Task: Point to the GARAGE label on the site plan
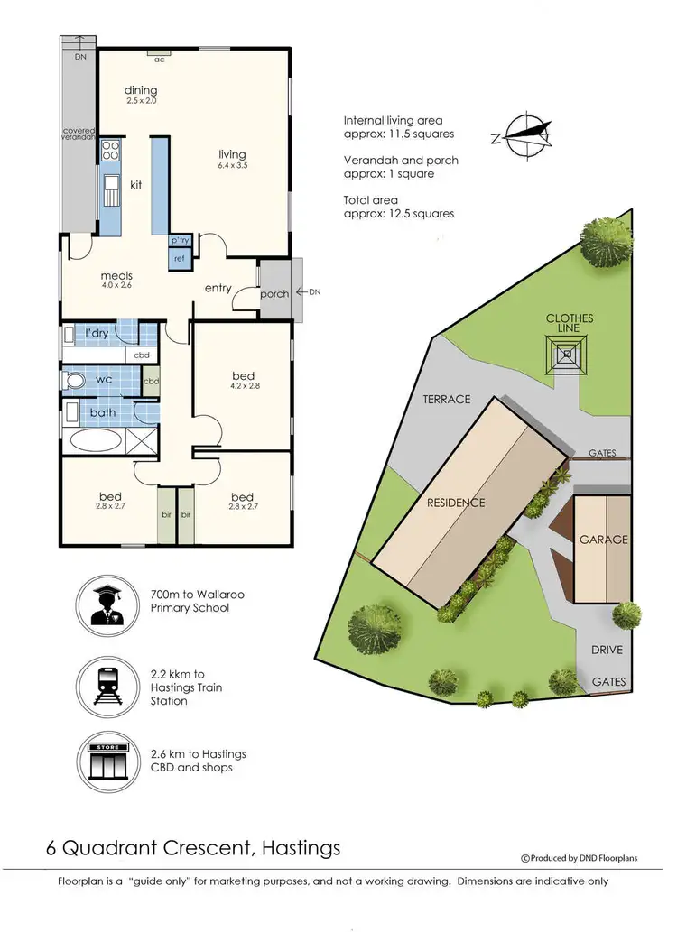click(604, 540)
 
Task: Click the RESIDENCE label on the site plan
click(456, 503)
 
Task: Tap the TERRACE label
click(446, 399)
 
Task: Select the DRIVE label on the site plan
click(606, 650)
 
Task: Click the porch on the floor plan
click(274, 293)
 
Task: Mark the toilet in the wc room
click(74, 381)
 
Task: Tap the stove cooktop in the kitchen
click(110, 151)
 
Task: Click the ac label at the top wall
click(160, 60)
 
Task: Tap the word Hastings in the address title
click(300, 848)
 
